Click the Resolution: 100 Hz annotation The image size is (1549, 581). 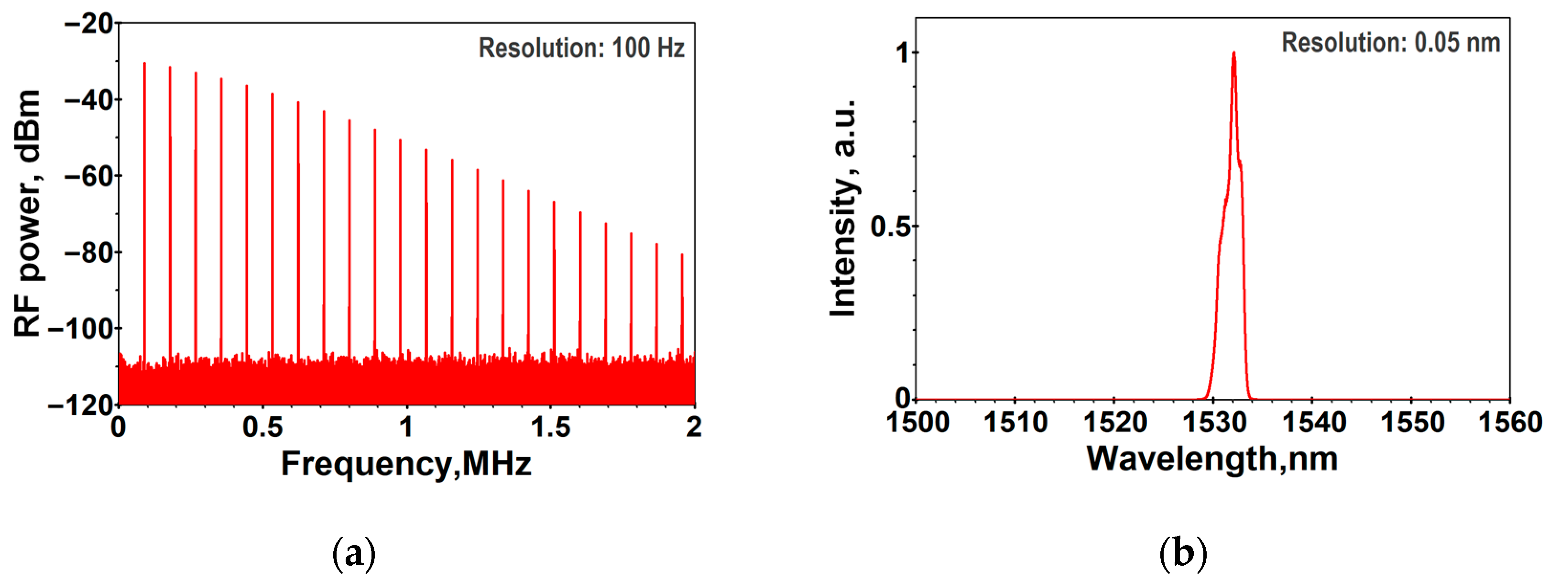coord(581,48)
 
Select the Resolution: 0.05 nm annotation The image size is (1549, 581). coord(1390,43)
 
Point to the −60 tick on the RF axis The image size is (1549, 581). coord(89,176)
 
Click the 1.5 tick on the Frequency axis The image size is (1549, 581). coord(550,427)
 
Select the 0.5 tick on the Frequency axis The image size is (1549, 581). coord(263,427)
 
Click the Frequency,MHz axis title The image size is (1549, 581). coord(406,464)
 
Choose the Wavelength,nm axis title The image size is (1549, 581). coord(1212,459)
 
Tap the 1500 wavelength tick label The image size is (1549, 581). coord(917,422)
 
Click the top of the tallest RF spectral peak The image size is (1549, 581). coord(144,63)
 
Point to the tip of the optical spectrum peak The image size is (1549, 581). coord(1233,53)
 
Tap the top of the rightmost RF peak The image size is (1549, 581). coord(682,254)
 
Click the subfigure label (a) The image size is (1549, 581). coord(354,553)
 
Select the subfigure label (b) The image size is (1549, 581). coord(1182,553)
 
